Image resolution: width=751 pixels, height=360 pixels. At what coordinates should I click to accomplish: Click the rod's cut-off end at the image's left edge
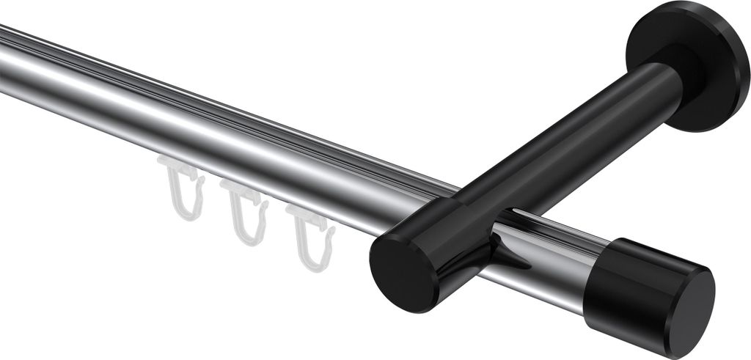(x=4, y=62)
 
